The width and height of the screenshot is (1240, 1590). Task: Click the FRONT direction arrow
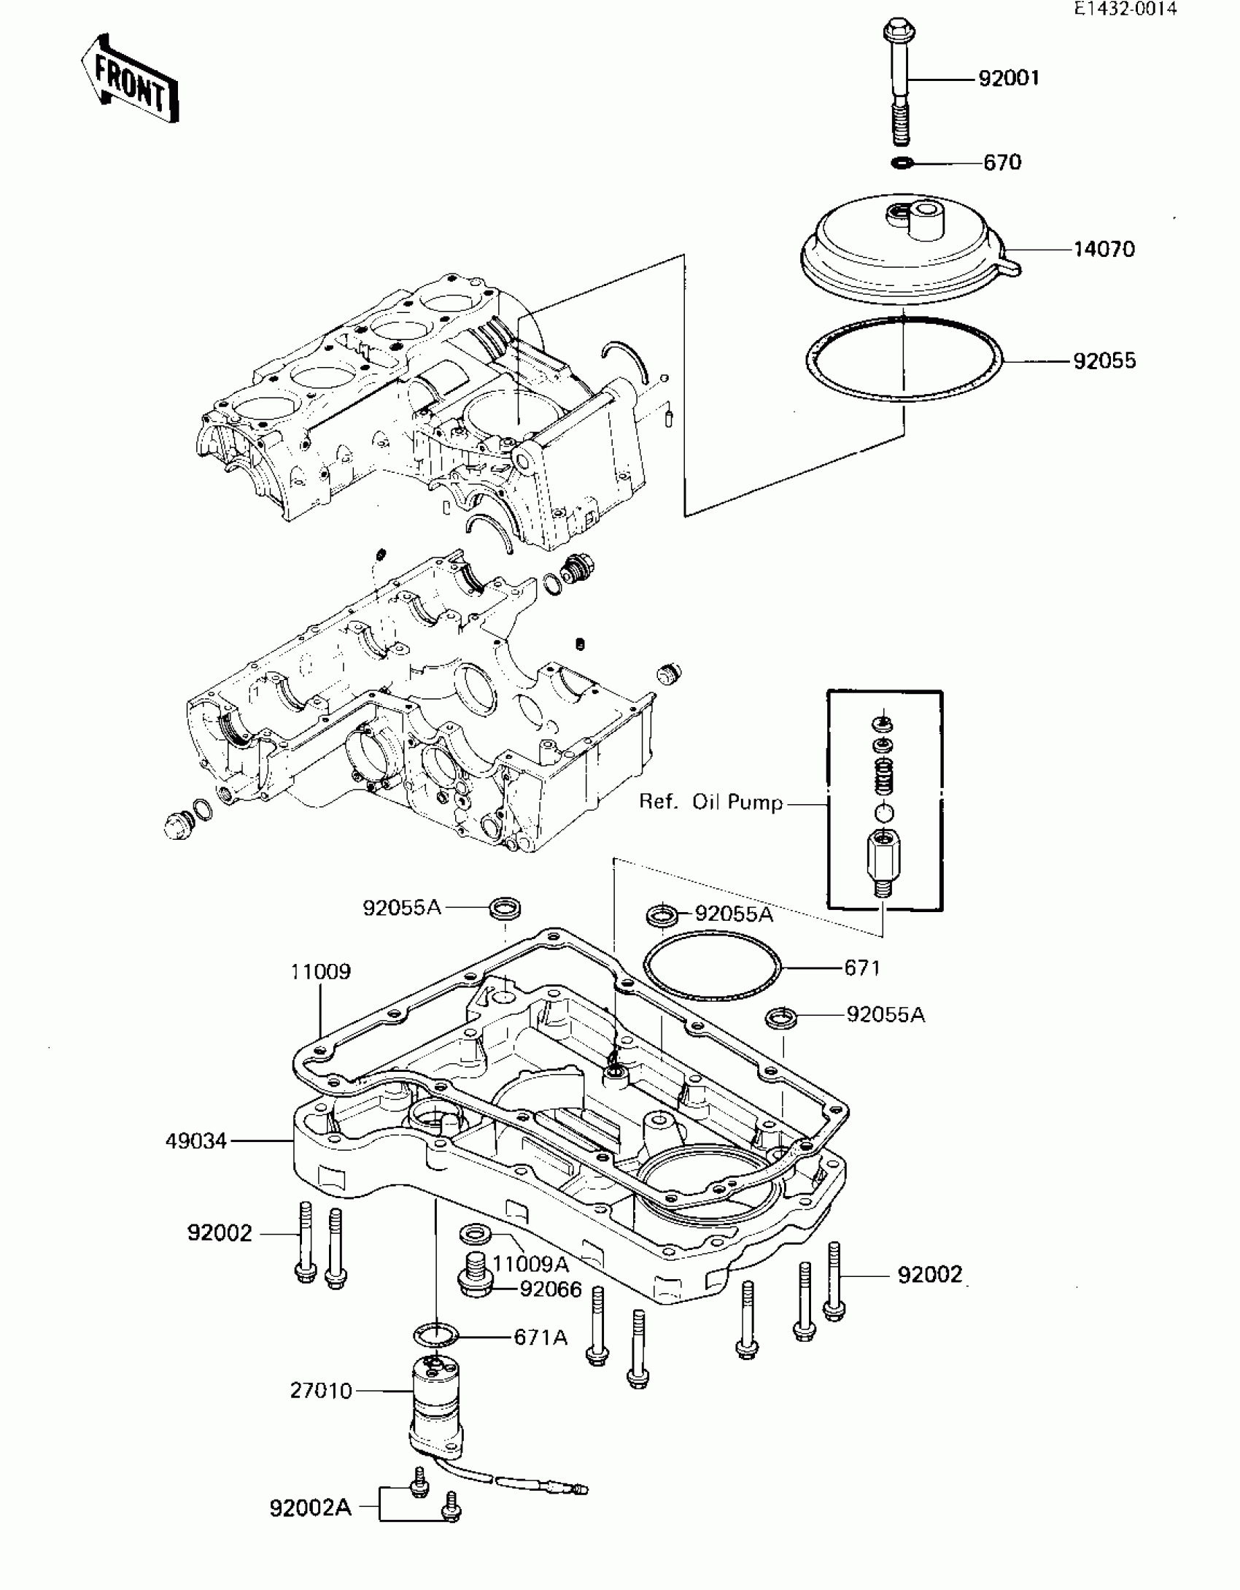click(x=130, y=79)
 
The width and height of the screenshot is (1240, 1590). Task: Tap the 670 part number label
click(x=1002, y=162)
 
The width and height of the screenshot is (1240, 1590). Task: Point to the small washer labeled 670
click(x=902, y=161)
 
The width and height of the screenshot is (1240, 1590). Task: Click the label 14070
click(x=1104, y=250)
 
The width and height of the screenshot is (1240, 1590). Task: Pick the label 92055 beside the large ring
click(x=1104, y=360)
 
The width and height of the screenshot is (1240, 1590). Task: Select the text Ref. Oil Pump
click(x=710, y=802)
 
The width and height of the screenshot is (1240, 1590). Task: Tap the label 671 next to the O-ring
click(x=862, y=968)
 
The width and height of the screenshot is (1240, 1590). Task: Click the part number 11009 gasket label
click(x=320, y=972)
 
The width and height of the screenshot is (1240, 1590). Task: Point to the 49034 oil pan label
click(x=196, y=1141)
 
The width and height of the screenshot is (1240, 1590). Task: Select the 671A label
click(x=540, y=1338)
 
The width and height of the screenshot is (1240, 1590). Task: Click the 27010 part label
click(x=321, y=1391)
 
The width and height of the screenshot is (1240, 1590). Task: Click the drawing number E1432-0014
click(x=1125, y=9)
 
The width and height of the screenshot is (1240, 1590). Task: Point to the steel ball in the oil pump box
click(x=883, y=812)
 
